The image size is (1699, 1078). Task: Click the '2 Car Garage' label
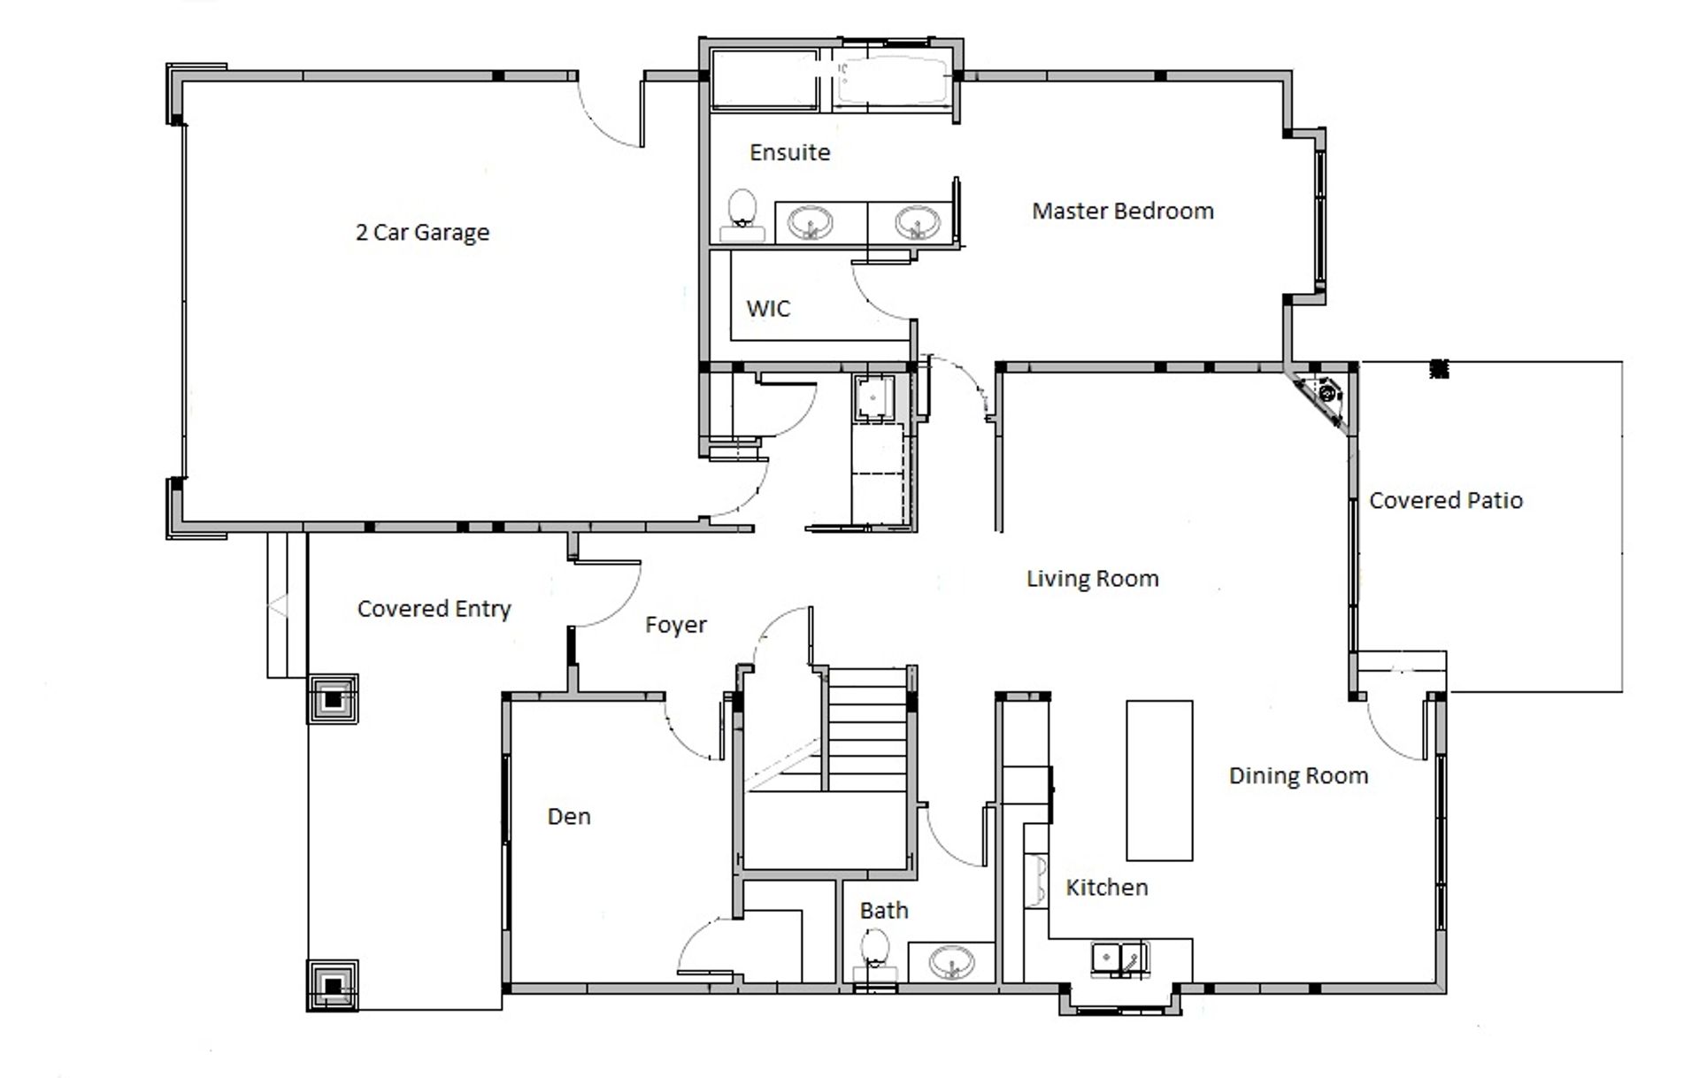422,233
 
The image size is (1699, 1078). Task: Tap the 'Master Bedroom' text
1123,211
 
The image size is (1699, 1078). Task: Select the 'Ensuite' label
790,152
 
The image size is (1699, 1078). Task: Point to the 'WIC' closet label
768,309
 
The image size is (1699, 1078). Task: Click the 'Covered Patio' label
1446,500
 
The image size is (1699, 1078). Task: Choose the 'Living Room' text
1093,579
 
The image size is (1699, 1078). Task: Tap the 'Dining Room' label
1298,776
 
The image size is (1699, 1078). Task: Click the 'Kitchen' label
1106,887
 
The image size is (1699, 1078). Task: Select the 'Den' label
569,816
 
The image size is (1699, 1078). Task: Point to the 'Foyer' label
676,625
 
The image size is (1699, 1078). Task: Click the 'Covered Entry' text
434,609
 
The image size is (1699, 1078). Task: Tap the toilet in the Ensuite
742,215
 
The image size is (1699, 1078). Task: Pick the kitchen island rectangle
1159,780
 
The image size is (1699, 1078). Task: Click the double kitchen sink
1120,959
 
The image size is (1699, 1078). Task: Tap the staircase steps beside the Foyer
868,729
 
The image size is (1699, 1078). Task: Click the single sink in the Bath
951,961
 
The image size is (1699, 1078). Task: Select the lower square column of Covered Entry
333,985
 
